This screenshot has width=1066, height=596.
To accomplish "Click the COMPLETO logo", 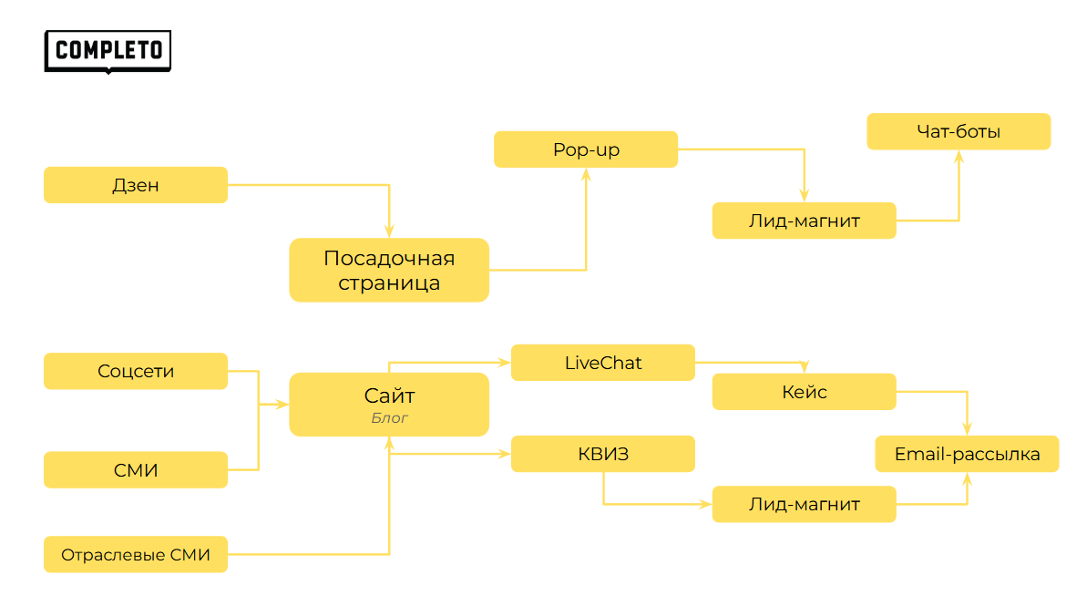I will pyautogui.click(x=108, y=51).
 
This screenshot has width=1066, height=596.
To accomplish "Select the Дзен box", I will pyautogui.click(x=136, y=185).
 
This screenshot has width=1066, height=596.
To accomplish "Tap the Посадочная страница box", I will pyautogui.click(x=389, y=270).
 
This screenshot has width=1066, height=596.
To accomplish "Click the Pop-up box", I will pyautogui.click(x=586, y=149).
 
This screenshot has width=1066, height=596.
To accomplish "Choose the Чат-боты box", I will pyautogui.click(x=958, y=131).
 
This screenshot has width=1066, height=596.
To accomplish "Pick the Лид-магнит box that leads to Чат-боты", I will pyautogui.click(x=804, y=221).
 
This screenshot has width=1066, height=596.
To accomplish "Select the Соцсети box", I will pyautogui.click(x=136, y=371).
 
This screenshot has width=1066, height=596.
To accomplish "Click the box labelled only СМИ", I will pyautogui.click(x=136, y=470).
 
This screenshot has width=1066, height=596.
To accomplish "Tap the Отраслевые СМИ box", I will pyautogui.click(x=136, y=554).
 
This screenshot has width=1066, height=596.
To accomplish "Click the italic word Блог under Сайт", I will pyautogui.click(x=389, y=418).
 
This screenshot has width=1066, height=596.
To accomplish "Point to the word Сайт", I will pyautogui.click(x=389, y=396).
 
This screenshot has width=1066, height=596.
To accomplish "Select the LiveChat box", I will pyautogui.click(x=603, y=363).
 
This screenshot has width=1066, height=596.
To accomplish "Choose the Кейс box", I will pyautogui.click(x=804, y=392).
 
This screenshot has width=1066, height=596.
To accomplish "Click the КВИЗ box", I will pyautogui.click(x=603, y=454).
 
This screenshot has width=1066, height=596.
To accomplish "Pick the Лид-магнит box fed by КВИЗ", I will pyautogui.click(x=804, y=504).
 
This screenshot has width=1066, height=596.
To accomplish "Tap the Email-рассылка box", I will pyautogui.click(x=967, y=454).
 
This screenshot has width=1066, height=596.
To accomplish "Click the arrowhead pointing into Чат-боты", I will pyautogui.click(x=958, y=155).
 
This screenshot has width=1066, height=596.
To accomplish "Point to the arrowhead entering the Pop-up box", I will pyautogui.click(x=586, y=173).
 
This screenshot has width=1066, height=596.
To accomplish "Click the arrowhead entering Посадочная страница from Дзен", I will pyautogui.click(x=389, y=232).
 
